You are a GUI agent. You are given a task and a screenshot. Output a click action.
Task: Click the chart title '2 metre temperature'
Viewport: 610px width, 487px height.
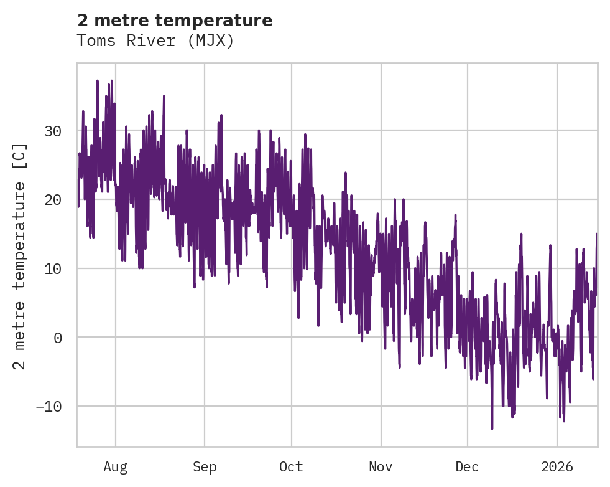[x=175, y=21]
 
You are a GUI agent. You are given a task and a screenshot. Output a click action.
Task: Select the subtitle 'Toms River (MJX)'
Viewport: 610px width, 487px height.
[x=155, y=41]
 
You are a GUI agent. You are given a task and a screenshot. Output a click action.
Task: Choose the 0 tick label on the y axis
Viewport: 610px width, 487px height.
[x=59, y=338]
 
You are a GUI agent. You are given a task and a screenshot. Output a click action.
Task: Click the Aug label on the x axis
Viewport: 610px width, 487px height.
[x=116, y=467]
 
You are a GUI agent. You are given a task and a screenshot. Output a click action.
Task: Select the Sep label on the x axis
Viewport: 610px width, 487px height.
[x=204, y=467]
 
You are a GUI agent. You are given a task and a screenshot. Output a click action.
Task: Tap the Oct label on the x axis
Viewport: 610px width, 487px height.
[x=291, y=467]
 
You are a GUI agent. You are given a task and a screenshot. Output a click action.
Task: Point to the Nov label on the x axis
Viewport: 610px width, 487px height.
[x=381, y=467]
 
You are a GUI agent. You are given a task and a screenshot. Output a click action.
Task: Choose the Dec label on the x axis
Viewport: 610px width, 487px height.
[x=467, y=467]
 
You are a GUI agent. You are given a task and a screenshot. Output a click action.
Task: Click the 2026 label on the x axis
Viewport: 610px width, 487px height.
[x=557, y=467]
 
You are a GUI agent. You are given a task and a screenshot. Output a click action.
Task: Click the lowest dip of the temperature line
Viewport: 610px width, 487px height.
[x=492, y=428]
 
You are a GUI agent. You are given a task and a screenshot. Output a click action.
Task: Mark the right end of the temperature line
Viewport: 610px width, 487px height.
[x=596, y=234]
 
